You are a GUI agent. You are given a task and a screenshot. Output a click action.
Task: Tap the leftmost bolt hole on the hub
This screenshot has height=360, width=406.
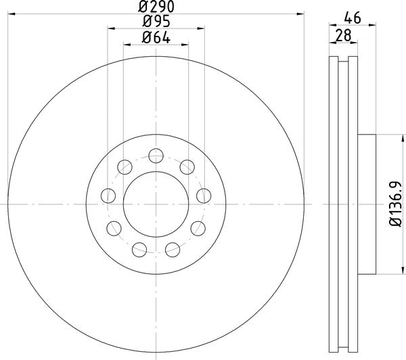click(107, 196)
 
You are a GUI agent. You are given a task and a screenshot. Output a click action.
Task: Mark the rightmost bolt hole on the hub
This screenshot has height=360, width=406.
click(202, 196)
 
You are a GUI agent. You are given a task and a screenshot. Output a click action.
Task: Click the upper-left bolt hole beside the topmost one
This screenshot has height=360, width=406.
click(125, 164)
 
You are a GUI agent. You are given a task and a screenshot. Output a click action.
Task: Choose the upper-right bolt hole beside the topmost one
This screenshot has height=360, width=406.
click(185, 164)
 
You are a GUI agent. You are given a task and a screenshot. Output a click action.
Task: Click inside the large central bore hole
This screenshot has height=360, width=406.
click(155, 203)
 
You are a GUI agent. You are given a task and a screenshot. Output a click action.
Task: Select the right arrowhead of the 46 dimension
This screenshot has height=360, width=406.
click(374, 27)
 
